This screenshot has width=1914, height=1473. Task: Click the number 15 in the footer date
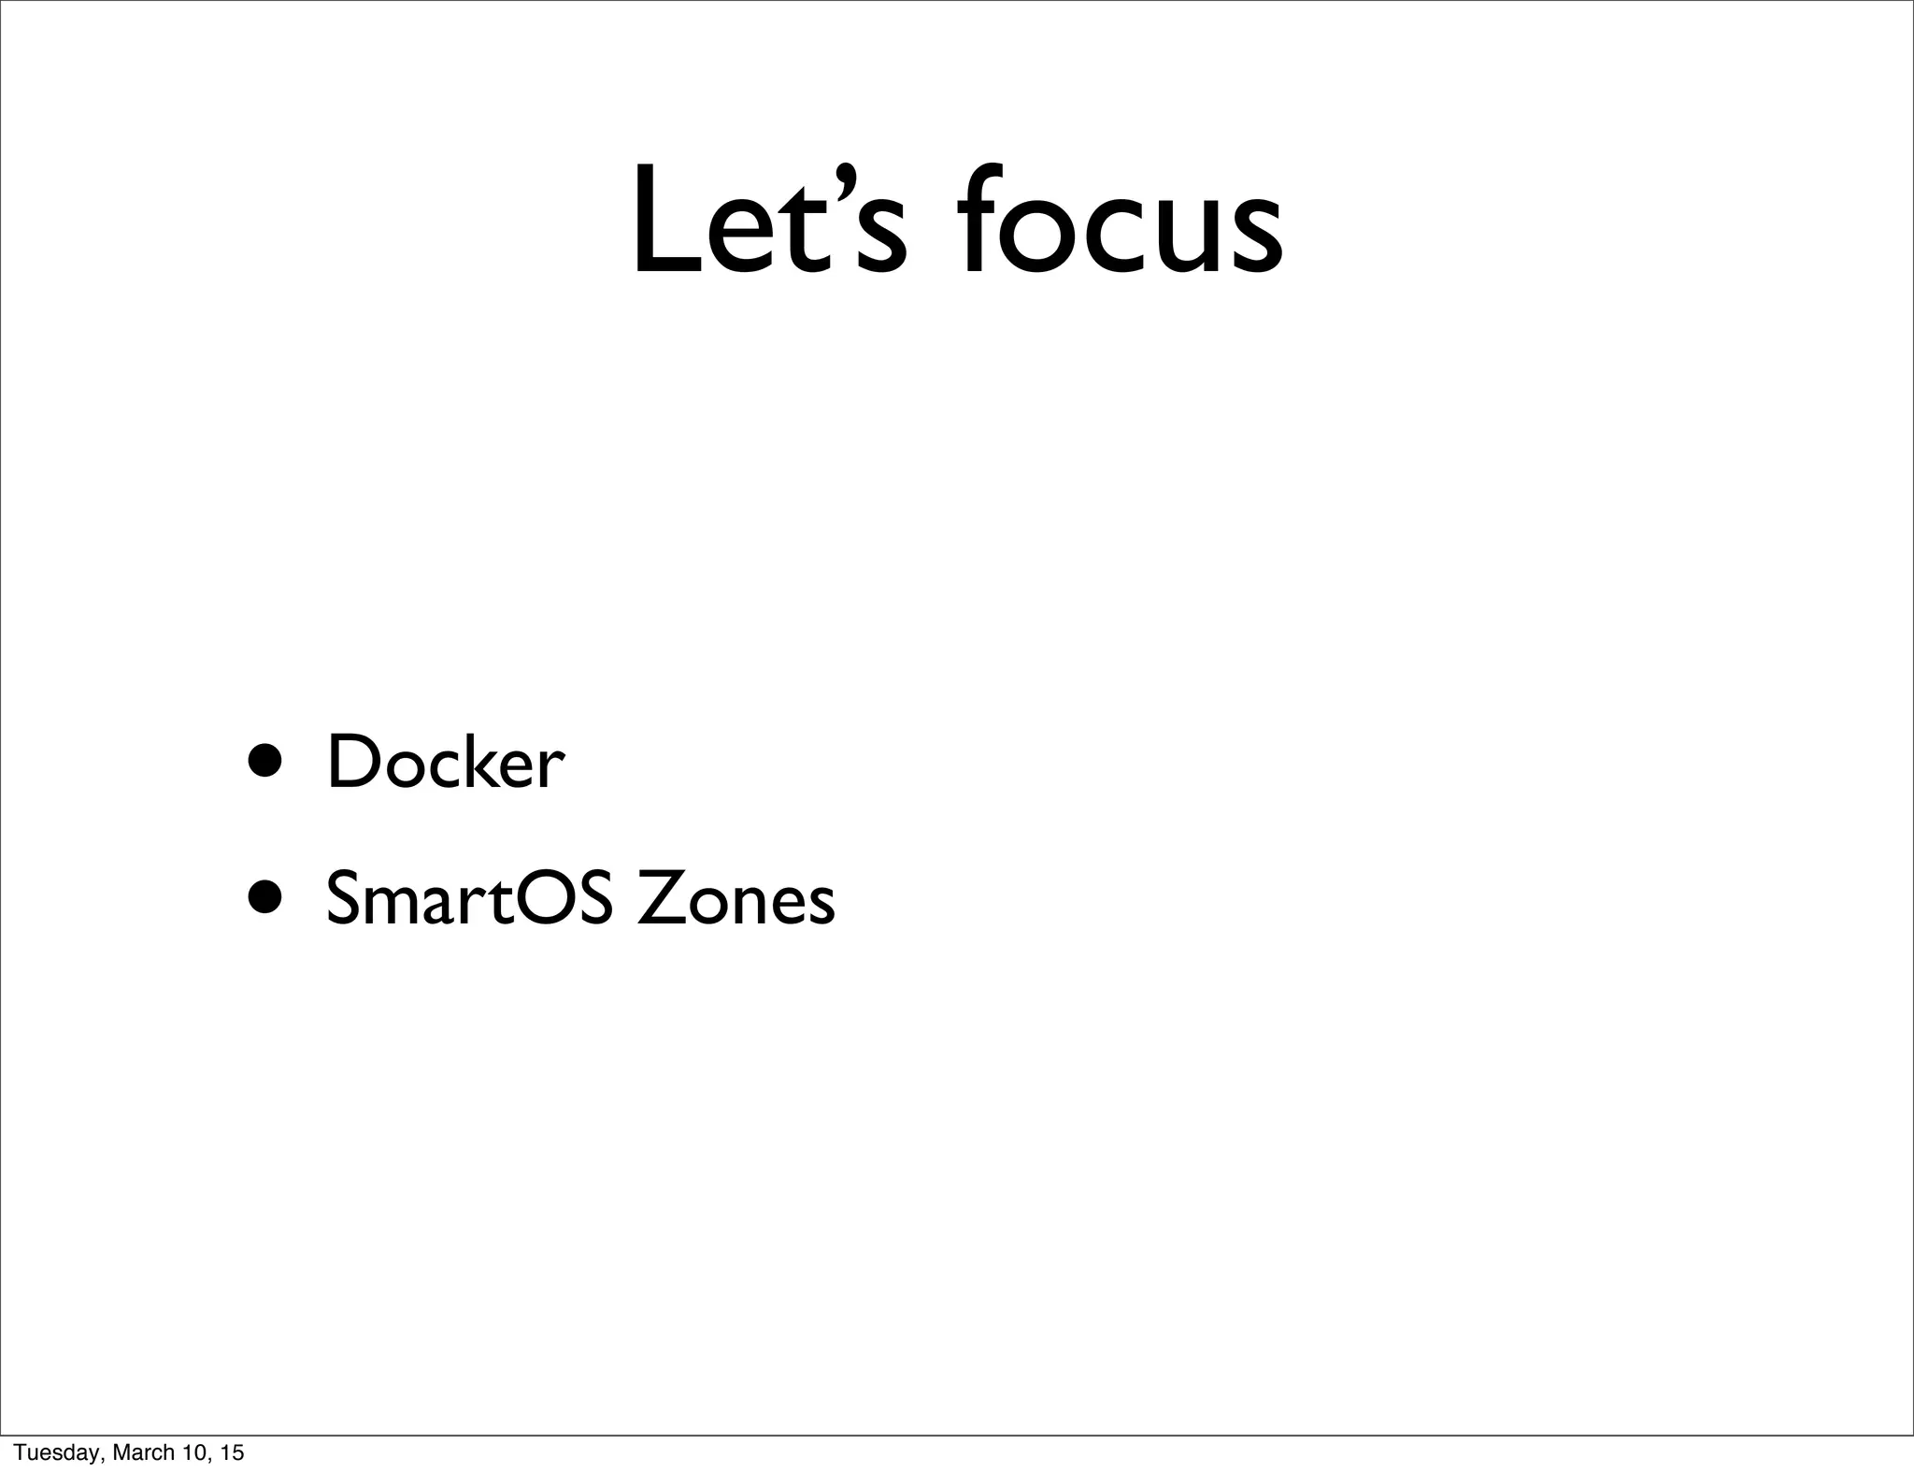[x=232, y=1452]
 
